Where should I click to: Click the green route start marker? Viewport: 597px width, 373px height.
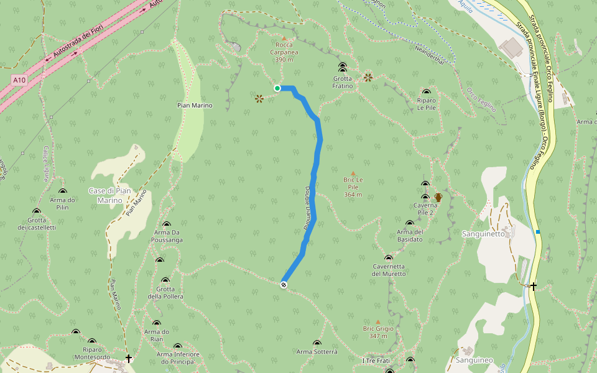tap(277, 88)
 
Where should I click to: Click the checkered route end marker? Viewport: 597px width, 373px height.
tap(284, 285)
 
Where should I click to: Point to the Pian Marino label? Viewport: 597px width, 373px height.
tap(195, 105)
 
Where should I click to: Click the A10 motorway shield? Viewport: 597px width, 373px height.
tap(19, 80)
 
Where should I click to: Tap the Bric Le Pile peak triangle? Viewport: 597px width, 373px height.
tap(353, 173)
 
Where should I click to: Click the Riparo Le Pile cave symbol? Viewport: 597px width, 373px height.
tap(427, 91)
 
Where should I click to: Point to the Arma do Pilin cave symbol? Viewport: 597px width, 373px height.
tap(62, 191)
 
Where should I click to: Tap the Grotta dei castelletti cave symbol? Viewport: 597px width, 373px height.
tap(37, 211)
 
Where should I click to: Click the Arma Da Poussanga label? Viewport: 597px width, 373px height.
tap(167, 236)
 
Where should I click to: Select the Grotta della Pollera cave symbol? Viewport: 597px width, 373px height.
tap(165, 280)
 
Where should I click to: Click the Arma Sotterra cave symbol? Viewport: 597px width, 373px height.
tap(317, 343)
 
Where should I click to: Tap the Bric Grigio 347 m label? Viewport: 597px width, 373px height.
tap(378, 332)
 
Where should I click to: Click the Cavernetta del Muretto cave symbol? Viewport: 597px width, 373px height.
tap(389, 258)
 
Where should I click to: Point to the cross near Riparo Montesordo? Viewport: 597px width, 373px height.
tap(129, 359)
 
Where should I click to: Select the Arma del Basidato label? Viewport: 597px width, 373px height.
tap(410, 236)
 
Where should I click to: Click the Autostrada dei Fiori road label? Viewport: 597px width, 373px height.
tap(76, 44)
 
